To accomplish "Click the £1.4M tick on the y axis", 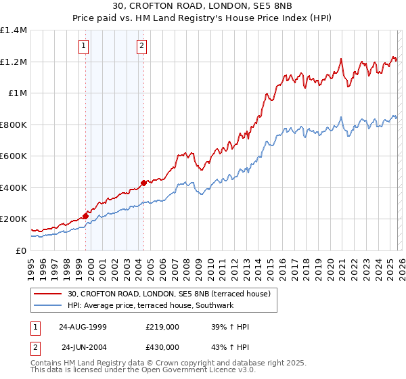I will [x=14, y=30].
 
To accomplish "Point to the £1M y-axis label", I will [x=18, y=93].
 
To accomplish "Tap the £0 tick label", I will [x=21, y=250].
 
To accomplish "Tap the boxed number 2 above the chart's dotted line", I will [x=141, y=46].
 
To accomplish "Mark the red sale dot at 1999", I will [x=86, y=217].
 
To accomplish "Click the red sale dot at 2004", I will [x=143, y=183].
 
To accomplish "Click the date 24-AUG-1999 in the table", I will [x=83, y=327].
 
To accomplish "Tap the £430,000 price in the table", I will [x=162, y=347].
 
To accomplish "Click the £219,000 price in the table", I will [x=162, y=327].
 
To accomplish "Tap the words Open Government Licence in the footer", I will [x=209, y=372].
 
